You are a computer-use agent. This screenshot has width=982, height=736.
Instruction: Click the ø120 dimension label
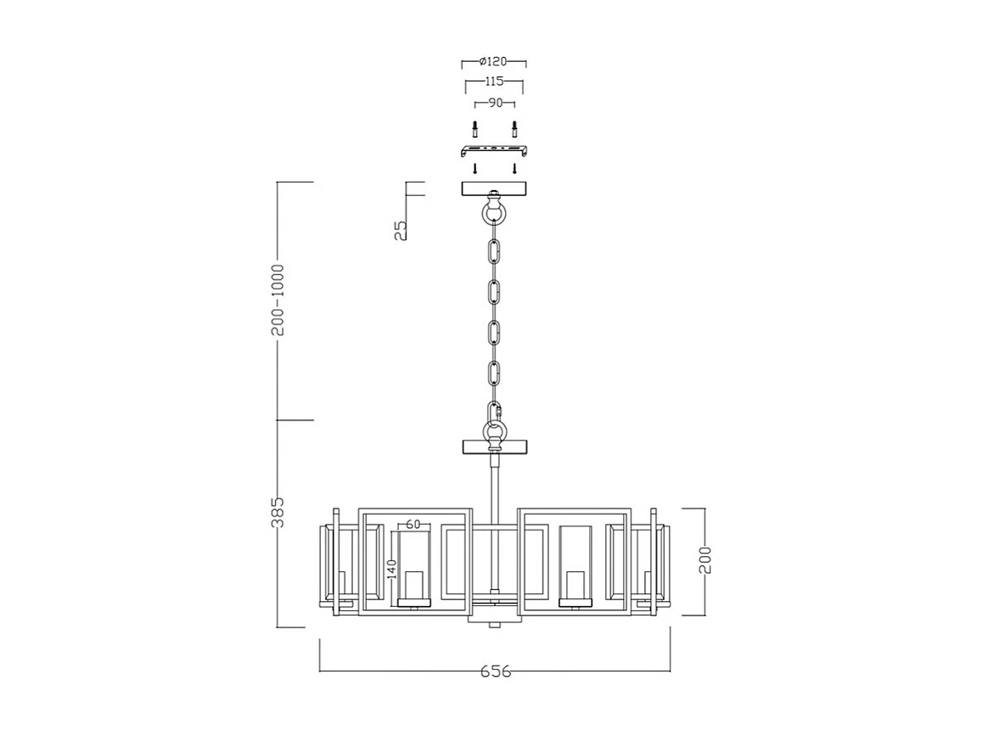493,61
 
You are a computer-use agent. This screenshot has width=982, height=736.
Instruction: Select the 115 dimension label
494,81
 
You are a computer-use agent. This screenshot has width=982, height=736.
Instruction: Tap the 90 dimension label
495,103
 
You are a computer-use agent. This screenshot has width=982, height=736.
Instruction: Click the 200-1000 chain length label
278,300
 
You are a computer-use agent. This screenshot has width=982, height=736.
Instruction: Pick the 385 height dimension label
278,512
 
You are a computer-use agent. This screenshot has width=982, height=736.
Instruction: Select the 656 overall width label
496,671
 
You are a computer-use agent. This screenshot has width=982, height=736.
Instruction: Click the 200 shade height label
705,560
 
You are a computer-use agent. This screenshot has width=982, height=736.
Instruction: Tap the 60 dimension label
413,525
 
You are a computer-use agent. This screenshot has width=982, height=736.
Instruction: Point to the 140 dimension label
391,570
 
